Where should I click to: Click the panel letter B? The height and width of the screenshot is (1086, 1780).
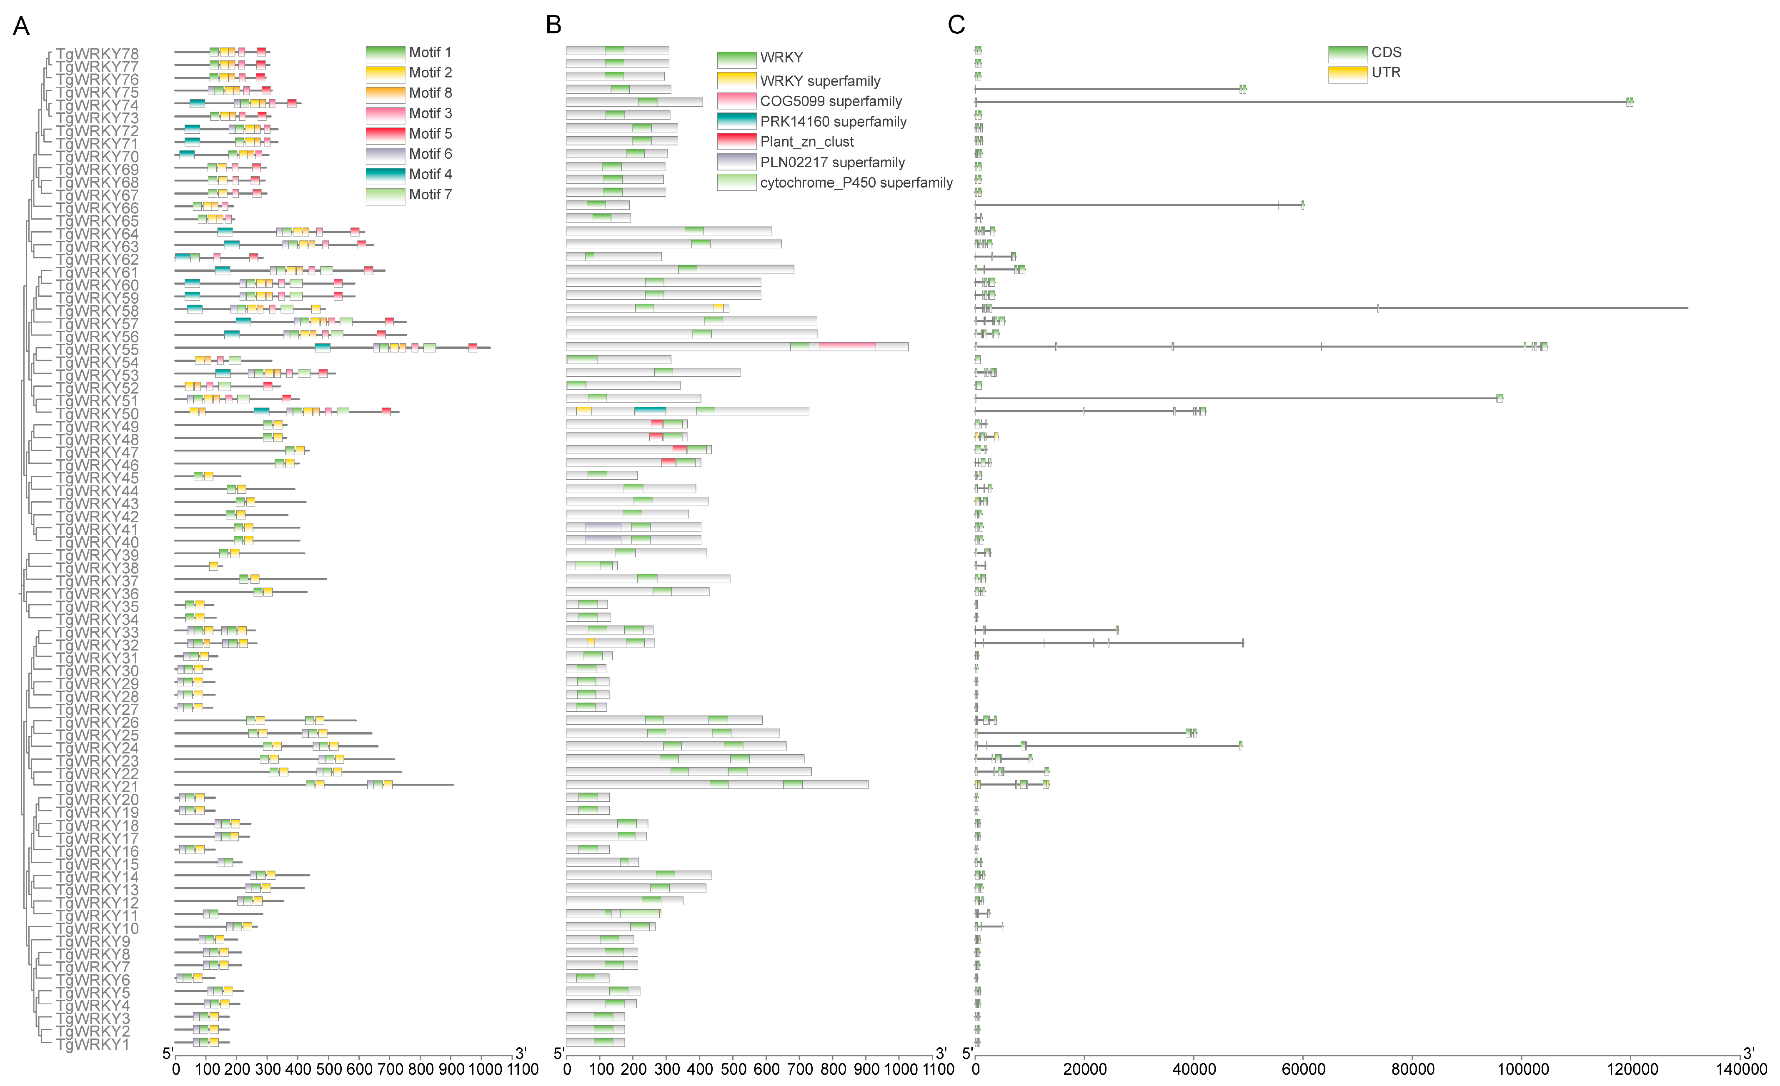[553, 25]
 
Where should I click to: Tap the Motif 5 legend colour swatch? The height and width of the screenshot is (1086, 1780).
[385, 134]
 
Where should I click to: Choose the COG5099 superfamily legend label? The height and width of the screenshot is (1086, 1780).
[831, 101]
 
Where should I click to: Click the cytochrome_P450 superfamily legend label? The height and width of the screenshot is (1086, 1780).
[856, 182]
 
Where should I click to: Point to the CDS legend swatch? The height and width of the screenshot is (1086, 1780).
[1347, 53]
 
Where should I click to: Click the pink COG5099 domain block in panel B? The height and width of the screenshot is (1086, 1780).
[846, 347]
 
